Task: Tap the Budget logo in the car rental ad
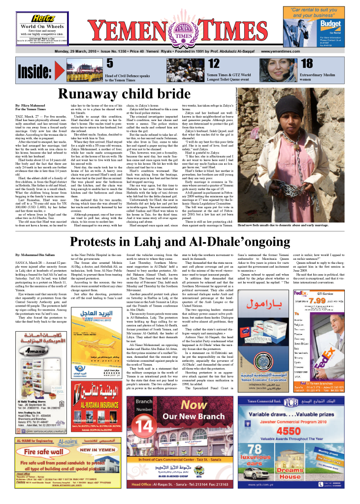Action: click(x=330, y=24)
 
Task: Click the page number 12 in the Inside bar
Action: click(x=214, y=63)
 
